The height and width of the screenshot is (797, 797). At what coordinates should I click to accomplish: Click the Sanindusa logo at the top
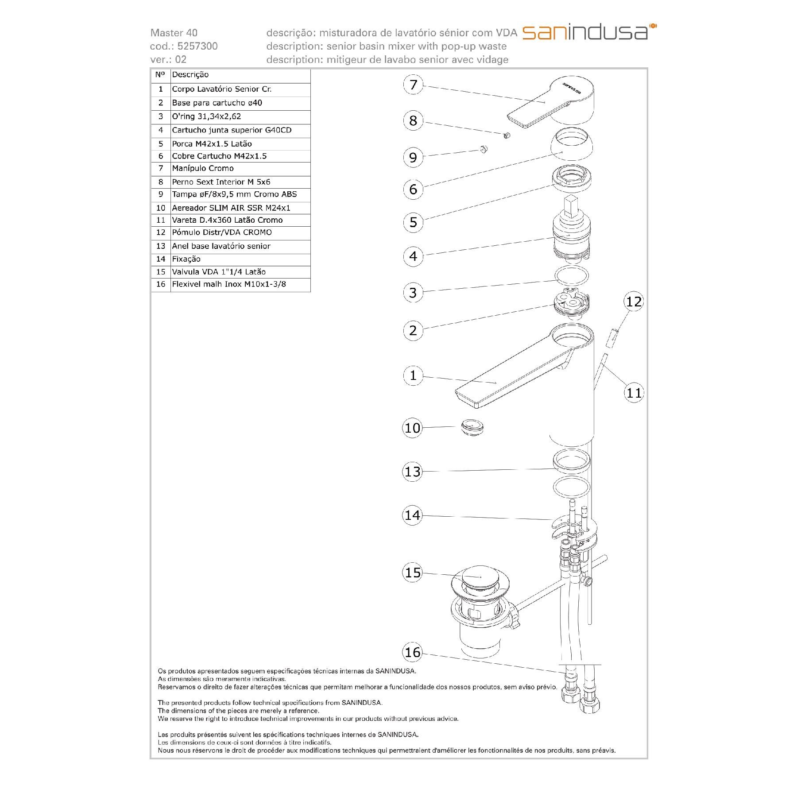point(589,32)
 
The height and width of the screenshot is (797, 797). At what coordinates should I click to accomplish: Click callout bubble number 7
point(413,85)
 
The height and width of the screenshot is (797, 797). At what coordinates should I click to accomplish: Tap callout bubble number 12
point(633,302)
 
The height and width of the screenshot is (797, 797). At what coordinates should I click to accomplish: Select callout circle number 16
point(413,652)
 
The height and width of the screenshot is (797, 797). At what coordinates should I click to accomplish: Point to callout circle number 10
point(413,428)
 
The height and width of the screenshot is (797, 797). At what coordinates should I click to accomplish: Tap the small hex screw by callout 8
point(507,135)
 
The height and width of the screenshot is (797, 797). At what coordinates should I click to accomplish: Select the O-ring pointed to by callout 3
point(572,275)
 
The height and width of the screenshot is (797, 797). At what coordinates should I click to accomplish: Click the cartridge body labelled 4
point(571,239)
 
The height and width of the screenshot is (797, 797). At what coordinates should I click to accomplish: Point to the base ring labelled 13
point(571,460)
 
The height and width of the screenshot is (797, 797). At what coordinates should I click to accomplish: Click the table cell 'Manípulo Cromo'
point(203,169)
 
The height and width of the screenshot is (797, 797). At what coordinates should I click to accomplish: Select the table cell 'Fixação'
point(186,259)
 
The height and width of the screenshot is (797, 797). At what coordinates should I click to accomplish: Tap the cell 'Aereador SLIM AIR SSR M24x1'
point(231,208)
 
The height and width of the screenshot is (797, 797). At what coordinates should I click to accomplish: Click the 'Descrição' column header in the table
point(190,75)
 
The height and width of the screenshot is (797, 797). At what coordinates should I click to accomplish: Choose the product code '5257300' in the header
point(197,46)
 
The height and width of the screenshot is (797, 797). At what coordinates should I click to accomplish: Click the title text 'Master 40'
point(174,33)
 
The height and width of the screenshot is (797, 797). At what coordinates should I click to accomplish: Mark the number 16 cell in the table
point(160,284)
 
